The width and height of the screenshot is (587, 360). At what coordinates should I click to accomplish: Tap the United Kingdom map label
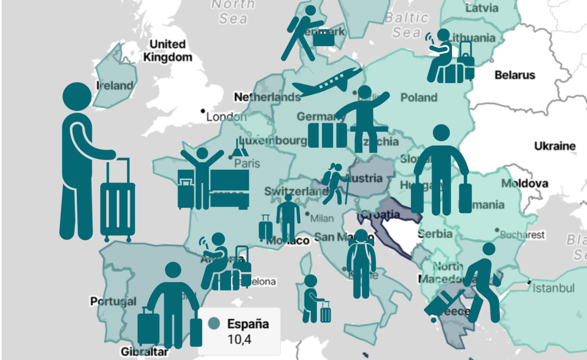coord(167,50)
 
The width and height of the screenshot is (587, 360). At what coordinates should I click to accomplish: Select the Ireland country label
coord(115,86)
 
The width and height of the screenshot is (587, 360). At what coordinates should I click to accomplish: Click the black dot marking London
coord(203,112)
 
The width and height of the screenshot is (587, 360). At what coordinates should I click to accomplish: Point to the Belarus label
coord(515,75)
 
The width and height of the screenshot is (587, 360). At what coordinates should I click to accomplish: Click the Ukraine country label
coord(555,146)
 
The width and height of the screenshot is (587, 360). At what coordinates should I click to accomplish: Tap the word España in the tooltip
coord(248,324)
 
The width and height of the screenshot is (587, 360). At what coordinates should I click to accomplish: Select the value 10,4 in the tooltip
coord(239,339)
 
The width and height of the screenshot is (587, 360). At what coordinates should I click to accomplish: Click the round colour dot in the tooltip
coord(213,324)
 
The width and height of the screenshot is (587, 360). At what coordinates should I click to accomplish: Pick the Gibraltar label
coord(144,352)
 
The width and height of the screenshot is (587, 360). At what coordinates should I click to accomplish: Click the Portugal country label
coord(113,301)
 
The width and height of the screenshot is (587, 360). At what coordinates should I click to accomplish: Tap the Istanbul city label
coord(553,287)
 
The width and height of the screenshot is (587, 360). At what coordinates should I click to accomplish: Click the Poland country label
coord(419,97)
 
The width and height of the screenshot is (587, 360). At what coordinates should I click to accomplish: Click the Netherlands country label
coord(267,97)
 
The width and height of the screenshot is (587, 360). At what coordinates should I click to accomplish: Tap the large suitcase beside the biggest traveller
coord(117,201)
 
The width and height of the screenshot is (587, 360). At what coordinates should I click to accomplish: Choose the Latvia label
coord(482,8)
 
